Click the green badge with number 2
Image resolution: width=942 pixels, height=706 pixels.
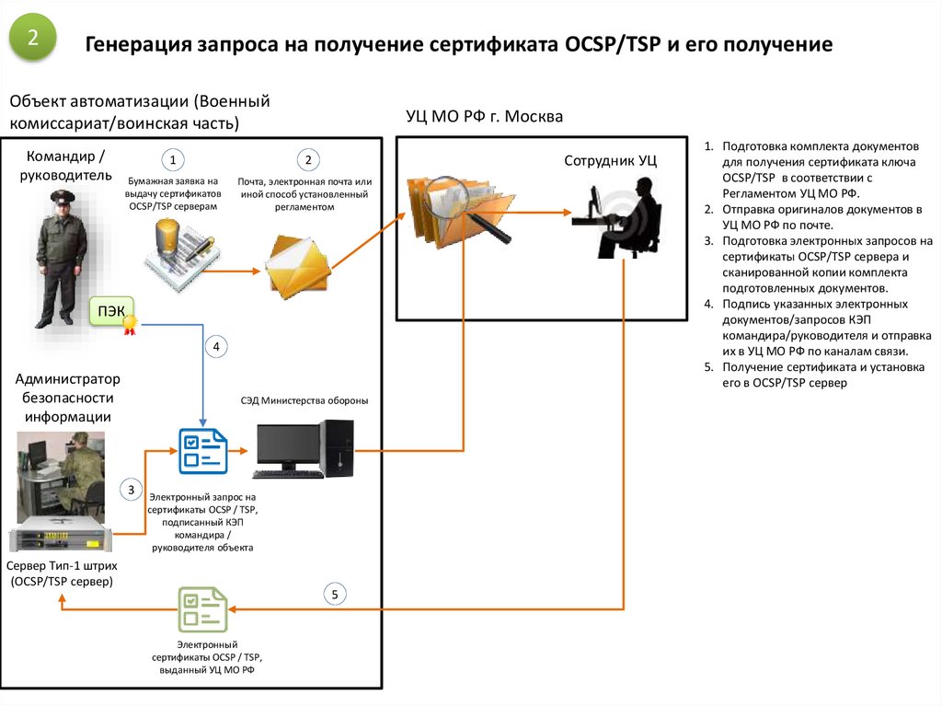click(x=33, y=38)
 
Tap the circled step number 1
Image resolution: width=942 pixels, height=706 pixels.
click(x=172, y=160)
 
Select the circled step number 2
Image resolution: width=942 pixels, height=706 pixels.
click(x=309, y=160)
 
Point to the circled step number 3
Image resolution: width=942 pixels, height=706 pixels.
click(x=132, y=489)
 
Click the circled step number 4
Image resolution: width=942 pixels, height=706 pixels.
click(x=216, y=347)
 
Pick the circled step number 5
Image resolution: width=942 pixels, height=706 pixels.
click(x=336, y=595)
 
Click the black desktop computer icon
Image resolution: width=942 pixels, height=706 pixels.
click(x=304, y=448)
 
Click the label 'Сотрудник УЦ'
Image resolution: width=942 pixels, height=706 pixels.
click(x=611, y=160)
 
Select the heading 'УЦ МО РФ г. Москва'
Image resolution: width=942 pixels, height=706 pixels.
click(x=484, y=118)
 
